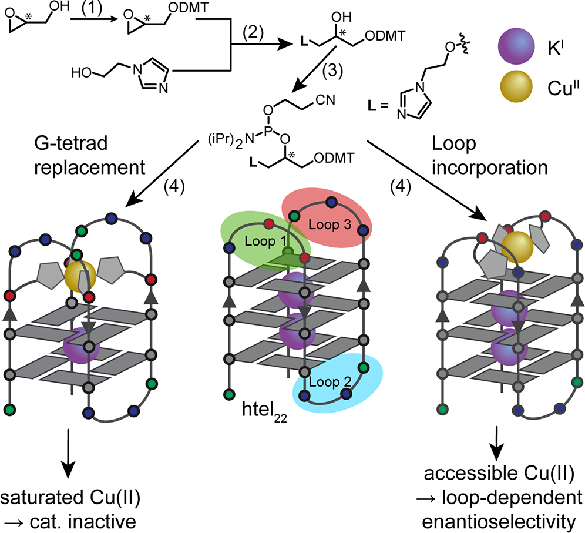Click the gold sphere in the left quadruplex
point(80,273)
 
